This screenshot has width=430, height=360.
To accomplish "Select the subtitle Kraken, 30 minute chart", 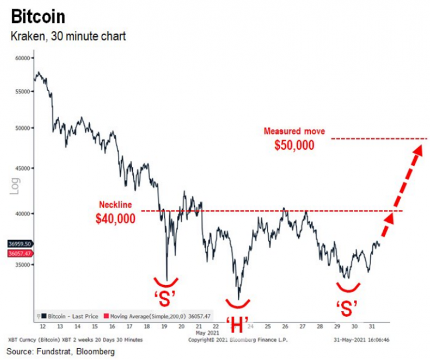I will click(68, 37).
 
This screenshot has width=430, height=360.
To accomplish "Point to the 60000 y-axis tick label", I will click(22, 58).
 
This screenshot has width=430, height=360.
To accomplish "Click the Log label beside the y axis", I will click(16, 185).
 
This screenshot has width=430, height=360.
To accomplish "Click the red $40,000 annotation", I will click(116, 219).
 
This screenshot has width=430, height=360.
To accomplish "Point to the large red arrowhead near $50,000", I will click(417, 150).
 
